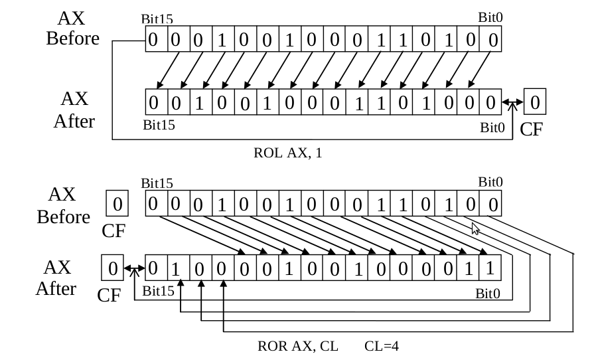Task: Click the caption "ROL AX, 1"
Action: [x=287, y=153]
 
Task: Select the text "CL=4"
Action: [x=382, y=346]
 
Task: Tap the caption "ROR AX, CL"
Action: [x=298, y=346]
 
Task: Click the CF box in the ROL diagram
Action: [x=534, y=103]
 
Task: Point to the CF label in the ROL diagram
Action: [x=531, y=129]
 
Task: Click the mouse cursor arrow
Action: [x=475, y=228]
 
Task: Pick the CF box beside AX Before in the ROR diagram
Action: [x=117, y=204]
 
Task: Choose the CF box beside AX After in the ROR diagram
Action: [x=112, y=268]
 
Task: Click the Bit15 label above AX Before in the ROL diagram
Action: [x=157, y=21]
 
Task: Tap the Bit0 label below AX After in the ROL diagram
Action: [x=492, y=128]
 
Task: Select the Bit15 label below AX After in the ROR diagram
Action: [x=158, y=291]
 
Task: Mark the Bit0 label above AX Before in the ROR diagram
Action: [x=490, y=182]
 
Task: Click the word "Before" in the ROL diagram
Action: [x=72, y=39]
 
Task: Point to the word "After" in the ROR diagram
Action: [x=56, y=289]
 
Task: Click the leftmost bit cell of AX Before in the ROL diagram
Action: [x=153, y=40]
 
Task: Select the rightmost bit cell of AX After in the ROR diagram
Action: [x=490, y=268]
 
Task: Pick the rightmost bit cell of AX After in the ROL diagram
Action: [x=490, y=103]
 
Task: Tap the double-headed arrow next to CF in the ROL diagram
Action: [x=512, y=103]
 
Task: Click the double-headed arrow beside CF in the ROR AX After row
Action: [x=134, y=269]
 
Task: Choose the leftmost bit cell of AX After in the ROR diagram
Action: [x=153, y=268]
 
